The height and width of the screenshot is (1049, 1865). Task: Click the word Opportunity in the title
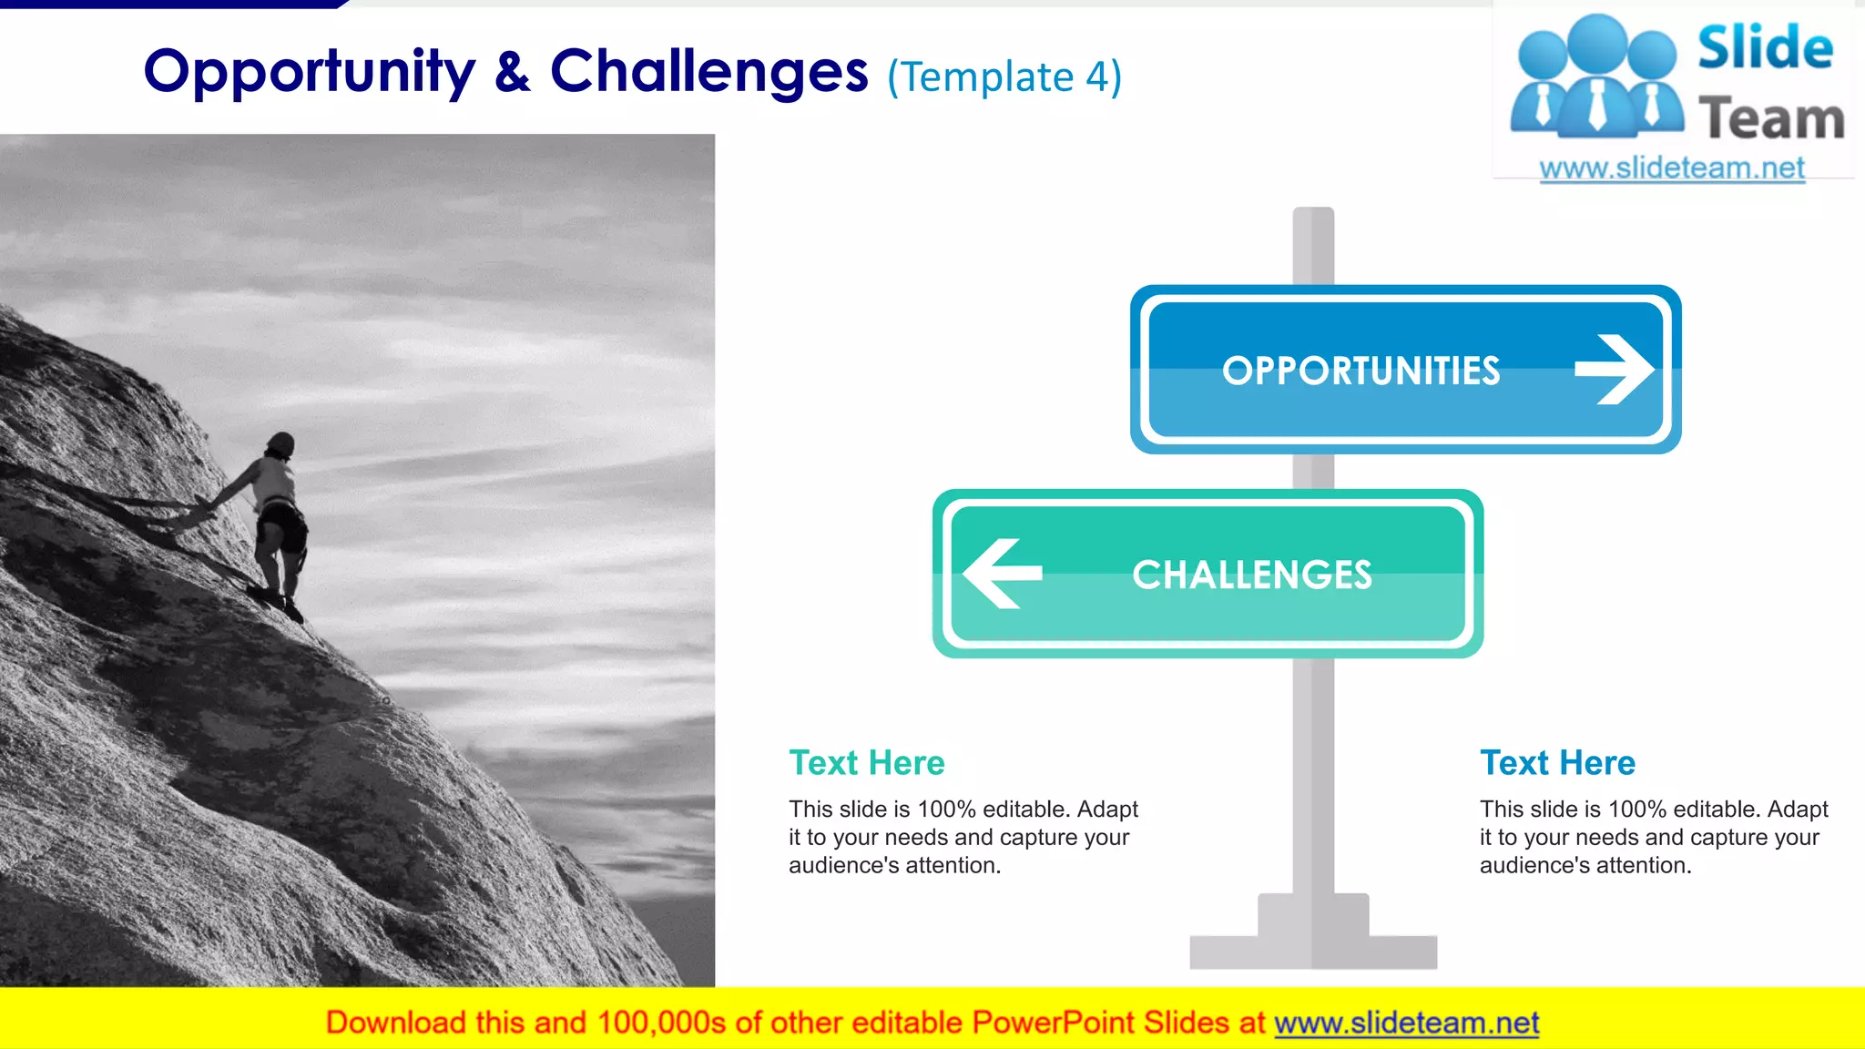[310, 73]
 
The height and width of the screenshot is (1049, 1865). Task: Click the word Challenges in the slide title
[708, 73]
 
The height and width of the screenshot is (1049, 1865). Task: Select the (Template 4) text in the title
[1004, 77]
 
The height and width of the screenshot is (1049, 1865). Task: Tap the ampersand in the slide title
[513, 73]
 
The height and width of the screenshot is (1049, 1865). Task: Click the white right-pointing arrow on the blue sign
[1614, 369]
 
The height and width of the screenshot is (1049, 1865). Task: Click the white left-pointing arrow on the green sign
[1002, 573]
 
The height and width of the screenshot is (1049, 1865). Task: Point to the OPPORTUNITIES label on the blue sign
[1361, 371]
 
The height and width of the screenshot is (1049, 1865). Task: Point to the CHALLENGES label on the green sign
[1251, 575]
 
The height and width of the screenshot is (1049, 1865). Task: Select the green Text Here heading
[866, 762]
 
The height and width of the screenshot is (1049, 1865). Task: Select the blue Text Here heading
[1557, 762]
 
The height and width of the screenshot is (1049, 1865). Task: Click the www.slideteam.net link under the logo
[1672, 168]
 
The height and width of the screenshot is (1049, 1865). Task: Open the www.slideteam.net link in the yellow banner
[1406, 1023]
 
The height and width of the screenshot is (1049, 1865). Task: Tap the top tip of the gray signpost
[1313, 215]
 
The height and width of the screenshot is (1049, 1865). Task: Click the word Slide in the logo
[1765, 47]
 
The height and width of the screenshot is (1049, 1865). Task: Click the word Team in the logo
[1771, 119]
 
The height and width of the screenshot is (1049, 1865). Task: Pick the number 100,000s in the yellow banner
[661, 1023]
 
